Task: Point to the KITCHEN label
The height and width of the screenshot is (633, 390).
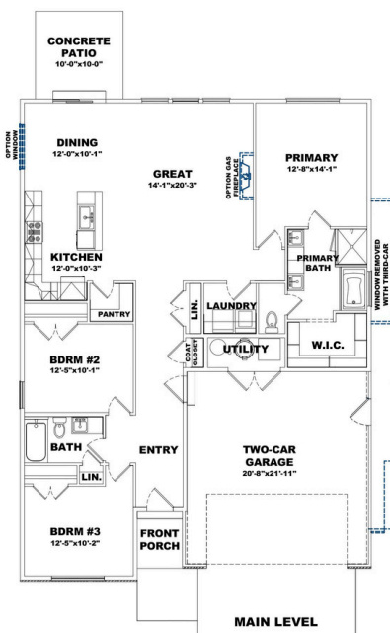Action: [77, 256]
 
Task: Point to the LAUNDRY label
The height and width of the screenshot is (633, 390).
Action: [232, 307]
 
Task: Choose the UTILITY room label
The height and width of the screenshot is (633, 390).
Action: [246, 349]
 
